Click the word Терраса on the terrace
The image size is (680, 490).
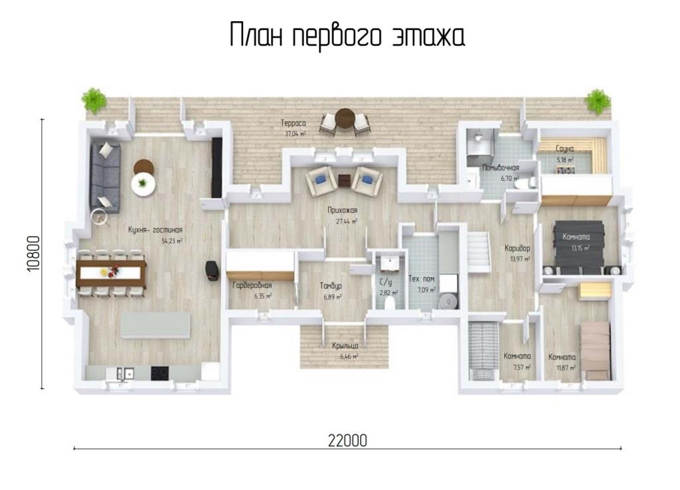[293, 123]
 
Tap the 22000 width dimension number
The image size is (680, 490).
[347, 441]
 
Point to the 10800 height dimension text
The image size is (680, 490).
[33, 254]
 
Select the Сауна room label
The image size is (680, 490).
[564, 149]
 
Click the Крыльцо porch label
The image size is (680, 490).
[345, 346]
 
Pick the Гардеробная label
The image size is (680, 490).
[252, 285]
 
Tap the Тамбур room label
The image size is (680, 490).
[331, 286]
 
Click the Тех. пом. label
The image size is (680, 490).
[422, 279]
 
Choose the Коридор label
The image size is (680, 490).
[517, 248]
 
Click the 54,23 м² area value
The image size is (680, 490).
[172, 241]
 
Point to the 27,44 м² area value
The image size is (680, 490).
[347, 221]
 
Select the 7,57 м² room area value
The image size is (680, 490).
[522, 367]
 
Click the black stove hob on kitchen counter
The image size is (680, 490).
[159, 373]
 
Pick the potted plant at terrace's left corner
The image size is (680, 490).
[94, 100]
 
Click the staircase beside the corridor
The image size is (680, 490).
[478, 252]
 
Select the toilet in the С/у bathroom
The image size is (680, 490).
[392, 302]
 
